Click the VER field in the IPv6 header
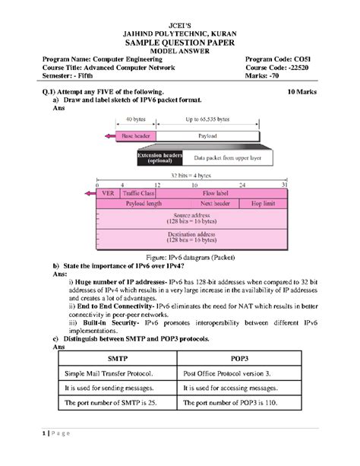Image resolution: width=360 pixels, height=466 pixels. (x=108, y=194)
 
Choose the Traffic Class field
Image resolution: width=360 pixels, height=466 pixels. (x=138, y=194)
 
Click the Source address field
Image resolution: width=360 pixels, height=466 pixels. (x=193, y=218)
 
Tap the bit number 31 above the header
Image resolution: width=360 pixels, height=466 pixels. (x=283, y=185)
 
